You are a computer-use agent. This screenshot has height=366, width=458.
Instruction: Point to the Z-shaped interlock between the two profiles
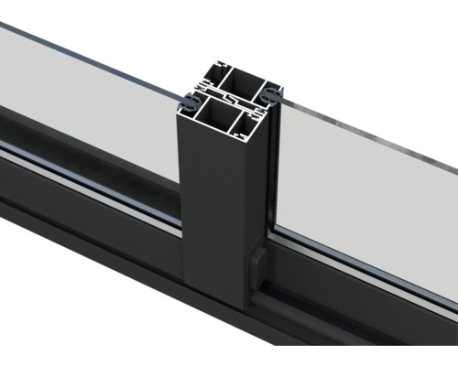[x=228, y=98]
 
